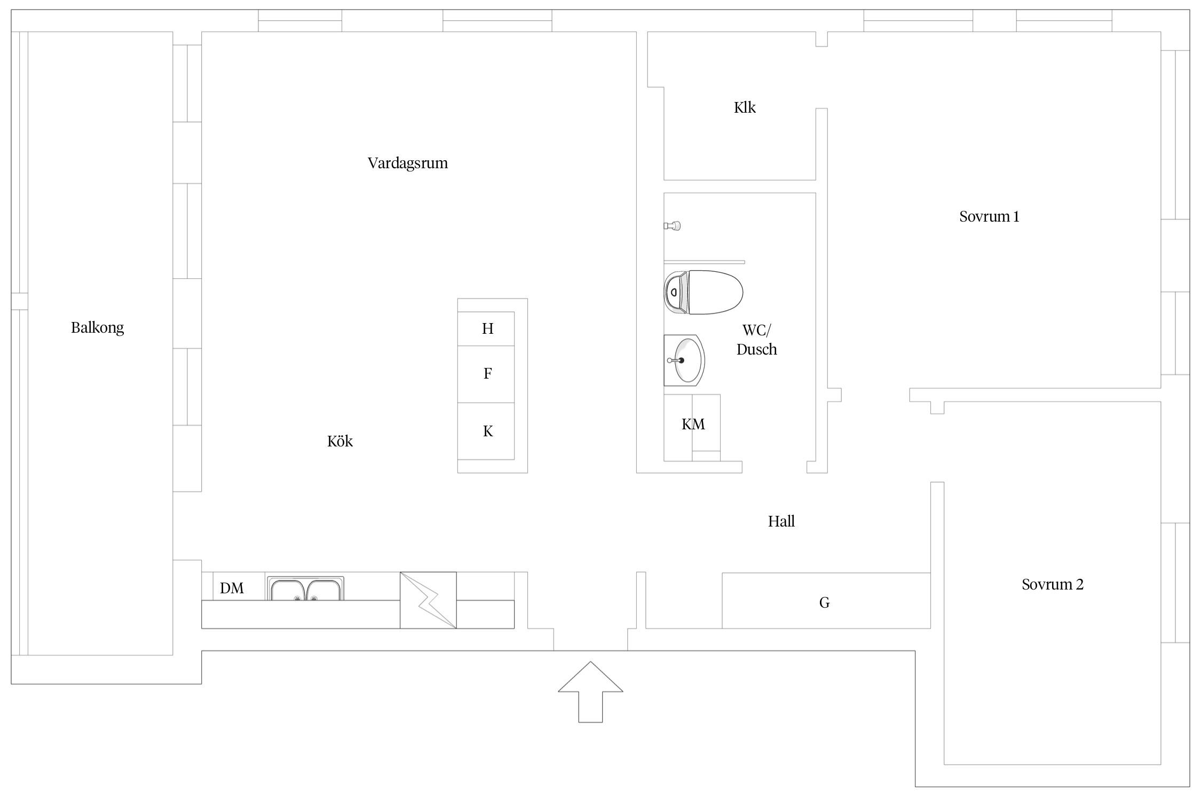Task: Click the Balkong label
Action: (97, 328)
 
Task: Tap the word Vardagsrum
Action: (408, 163)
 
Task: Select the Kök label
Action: (340, 441)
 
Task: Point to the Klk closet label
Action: (745, 107)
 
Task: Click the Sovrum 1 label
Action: (989, 216)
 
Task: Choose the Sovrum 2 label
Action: (1053, 584)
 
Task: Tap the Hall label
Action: (781, 521)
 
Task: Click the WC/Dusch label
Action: (756, 340)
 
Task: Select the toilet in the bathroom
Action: (704, 292)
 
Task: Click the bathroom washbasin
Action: (684, 360)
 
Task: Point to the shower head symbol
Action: (673, 226)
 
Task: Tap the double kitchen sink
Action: (305, 588)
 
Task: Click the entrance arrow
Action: (590, 692)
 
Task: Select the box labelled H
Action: (486, 329)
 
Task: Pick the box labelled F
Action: (486, 374)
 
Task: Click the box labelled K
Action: (486, 431)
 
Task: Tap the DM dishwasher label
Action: (232, 588)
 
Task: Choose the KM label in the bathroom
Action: (693, 425)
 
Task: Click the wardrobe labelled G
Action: (826, 601)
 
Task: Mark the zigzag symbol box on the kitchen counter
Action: (428, 600)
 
